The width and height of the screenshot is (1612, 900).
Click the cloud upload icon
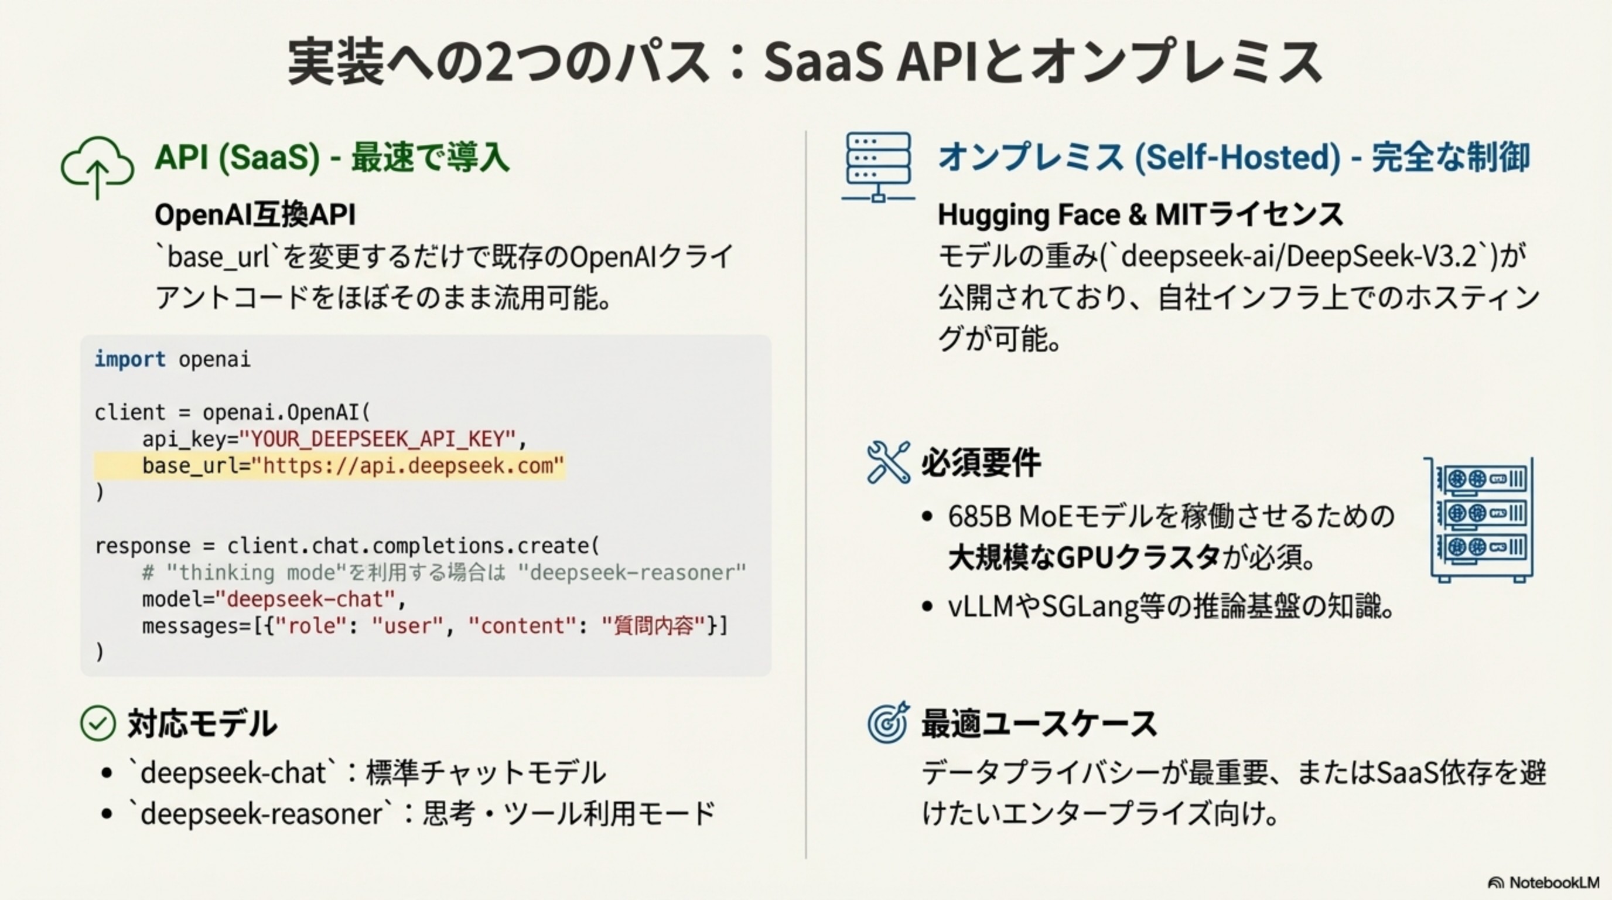click(97, 166)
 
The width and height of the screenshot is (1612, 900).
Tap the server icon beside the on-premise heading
click(878, 166)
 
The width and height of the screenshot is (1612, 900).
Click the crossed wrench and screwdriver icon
click(888, 462)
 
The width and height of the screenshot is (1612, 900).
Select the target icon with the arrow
click(888, 722)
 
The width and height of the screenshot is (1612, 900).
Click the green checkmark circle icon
click(98, 724)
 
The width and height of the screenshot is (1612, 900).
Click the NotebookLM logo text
click(1554, 882)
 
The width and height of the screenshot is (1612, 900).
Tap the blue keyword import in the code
click(130, 359)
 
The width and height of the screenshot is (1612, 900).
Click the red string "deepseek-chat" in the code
click(305, 599)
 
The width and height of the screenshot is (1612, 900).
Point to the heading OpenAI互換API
click(255, 215)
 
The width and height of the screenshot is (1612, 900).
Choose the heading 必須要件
click(981, 463)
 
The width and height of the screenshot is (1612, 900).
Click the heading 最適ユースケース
click(1039, 724)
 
